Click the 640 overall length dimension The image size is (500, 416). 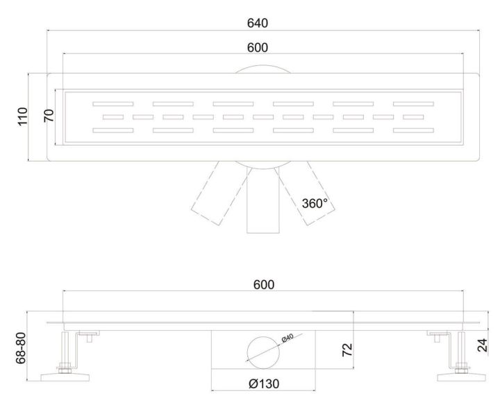point(258,24)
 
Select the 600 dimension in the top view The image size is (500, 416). point(258,48)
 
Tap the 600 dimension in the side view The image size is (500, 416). point(264,284)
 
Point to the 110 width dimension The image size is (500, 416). point(23,116)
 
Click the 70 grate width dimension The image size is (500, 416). point(49,116)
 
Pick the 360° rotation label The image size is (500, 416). point(315,203)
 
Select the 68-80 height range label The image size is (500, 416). point(21,348)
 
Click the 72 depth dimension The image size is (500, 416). point(347,350)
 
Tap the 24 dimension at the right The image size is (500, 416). point(483,345)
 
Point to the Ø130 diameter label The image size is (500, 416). point(264,384)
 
